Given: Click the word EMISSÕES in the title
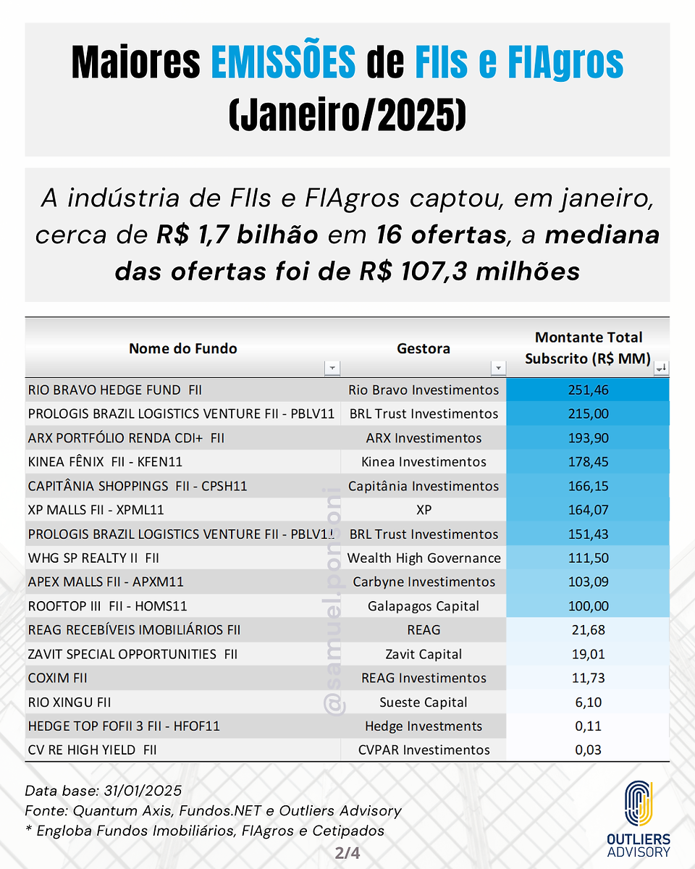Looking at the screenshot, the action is [283, 62].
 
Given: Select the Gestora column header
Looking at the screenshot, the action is [424, 348].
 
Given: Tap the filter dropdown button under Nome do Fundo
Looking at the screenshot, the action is [332, 368].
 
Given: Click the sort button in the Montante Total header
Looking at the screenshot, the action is [662, 368].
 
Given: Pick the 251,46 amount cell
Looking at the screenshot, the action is [588, 390].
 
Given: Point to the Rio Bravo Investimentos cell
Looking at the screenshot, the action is [424, 390].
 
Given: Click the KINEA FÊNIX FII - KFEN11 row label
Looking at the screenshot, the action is [105, 462].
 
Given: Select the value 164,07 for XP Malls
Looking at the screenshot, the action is [588, 510].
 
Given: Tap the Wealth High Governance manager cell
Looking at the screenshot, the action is [424, 558].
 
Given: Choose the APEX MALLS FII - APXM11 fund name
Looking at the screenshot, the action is [106, 582].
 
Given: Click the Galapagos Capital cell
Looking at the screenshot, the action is [424, 606].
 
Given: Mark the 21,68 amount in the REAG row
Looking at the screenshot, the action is [588, 630].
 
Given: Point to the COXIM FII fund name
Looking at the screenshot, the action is [57, 678].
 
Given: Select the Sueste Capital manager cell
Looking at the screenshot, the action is [424, 702].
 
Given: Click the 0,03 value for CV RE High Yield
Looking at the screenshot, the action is [588, 750].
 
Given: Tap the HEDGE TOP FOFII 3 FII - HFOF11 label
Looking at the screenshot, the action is [124, 726].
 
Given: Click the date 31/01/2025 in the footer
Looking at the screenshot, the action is [143, 791].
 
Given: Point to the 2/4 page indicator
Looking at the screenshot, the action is [347, 853].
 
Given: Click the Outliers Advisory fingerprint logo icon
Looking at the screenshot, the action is [639, 804].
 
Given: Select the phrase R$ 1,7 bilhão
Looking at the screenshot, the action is [237, 235].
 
